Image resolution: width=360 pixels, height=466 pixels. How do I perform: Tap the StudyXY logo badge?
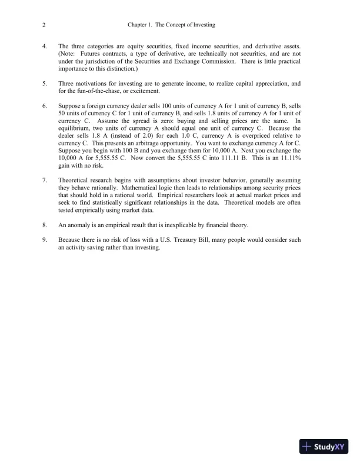pyautogui.click(x=324, y=447)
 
